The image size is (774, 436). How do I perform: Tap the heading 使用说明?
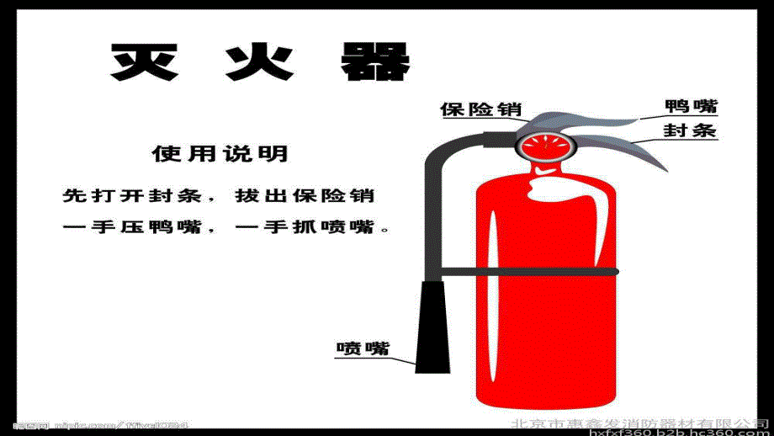click(220, 154)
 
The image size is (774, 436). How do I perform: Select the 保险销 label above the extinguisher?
click(480, 109)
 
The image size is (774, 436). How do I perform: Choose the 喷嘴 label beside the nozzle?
click(363, 348)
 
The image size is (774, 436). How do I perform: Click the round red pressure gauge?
click(543, 146)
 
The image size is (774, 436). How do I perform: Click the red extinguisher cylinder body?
click(547, 337)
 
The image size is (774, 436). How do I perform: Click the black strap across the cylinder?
click(530, 271)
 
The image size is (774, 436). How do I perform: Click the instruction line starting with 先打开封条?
click(219, 195)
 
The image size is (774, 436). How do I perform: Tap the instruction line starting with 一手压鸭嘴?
click(227, 227)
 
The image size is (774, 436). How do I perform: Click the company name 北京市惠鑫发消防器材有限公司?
click(640, 422)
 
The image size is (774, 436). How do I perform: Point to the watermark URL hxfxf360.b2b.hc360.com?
click(681, 433)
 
